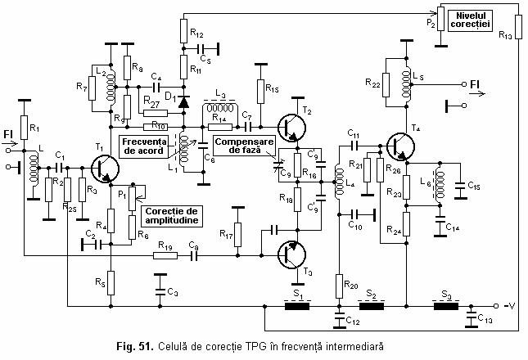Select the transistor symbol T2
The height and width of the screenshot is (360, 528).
point(291,128)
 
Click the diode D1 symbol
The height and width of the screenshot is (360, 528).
point(183,104)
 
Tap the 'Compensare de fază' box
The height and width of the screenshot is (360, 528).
point(241,146)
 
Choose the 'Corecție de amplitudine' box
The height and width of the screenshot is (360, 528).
point(172,216)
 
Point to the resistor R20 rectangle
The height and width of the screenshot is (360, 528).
point(337,284)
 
